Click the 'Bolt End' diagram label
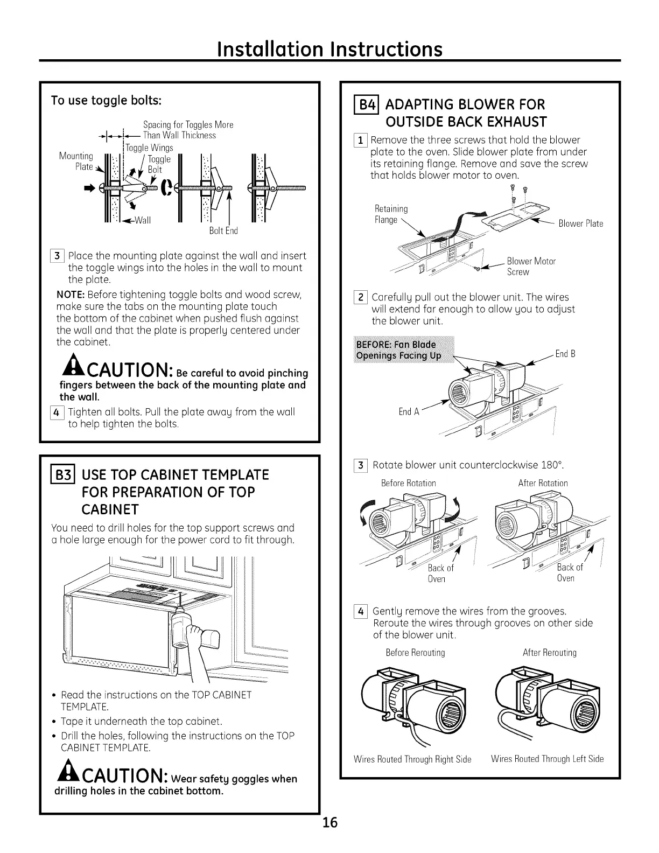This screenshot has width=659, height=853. tap(223, 231)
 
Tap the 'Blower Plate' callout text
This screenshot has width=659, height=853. tap(580, 223)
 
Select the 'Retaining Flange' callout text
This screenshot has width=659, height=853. tap(391, 214)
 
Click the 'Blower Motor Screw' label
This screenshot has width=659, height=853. tap(531, 267)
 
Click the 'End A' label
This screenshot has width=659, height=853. tap(409, 412)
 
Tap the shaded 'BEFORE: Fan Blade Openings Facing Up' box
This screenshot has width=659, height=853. tap(403, 349)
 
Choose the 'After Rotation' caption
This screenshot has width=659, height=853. tap(543, 483)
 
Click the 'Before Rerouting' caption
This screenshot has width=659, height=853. tap(415, 653)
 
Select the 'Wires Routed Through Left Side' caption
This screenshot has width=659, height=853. tap(547, 759)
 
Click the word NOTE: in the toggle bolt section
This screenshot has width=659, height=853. tap(71, 295)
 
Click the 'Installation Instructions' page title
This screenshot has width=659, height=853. tap(329, 49)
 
